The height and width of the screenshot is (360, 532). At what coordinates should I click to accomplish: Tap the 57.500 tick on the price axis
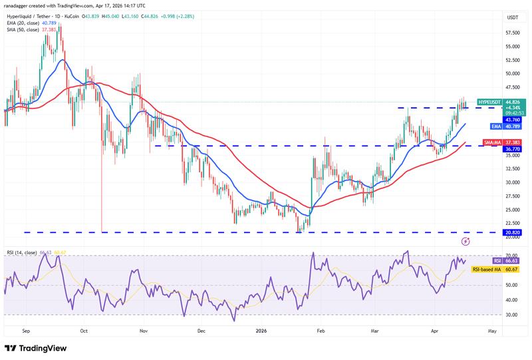[513, 33]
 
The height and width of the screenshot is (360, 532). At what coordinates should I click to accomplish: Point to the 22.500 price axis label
[513, 224]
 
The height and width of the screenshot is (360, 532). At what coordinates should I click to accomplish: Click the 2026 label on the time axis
[262, 329]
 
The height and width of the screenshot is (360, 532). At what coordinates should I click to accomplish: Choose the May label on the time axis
[491, 329]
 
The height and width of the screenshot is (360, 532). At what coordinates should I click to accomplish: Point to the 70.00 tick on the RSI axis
[511, 256]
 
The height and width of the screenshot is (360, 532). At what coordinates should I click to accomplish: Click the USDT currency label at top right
[513, 17]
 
